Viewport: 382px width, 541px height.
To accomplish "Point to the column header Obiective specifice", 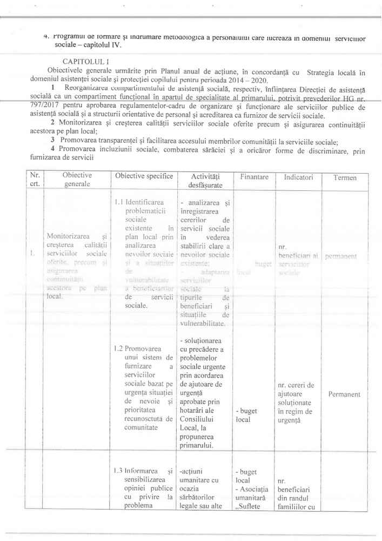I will [x=144, y=176].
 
